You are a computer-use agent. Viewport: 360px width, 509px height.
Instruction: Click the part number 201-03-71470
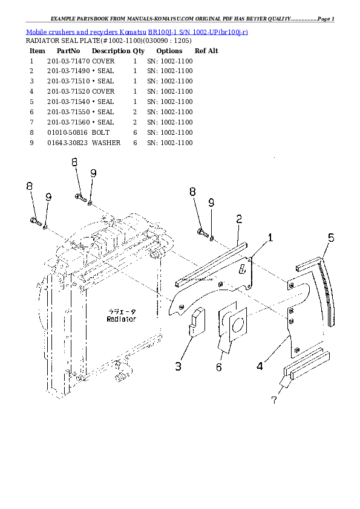click(68, 62)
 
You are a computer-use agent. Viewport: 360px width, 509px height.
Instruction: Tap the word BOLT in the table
click(100, 132)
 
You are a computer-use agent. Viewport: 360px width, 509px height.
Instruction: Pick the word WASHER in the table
click(106, 143)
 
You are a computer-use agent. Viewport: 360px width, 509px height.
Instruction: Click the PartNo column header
click(68, 51)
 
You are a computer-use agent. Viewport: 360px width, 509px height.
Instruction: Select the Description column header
click(111, 51)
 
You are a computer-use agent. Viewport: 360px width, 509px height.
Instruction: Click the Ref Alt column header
click(206, 51)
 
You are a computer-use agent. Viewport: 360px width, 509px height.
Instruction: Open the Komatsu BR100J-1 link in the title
click(137, 31)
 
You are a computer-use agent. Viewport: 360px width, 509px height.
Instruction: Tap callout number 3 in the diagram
click(178, 366)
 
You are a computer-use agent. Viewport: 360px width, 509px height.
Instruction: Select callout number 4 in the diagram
click(260, 365)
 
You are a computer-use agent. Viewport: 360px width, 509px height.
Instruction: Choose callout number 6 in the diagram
click(218, 367)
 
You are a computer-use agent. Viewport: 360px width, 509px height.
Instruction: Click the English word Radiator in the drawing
click(121, 319)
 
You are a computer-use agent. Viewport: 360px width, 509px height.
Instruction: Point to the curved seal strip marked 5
click(325, 287)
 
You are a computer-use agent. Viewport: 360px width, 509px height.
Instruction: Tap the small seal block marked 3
click(197, 321)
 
